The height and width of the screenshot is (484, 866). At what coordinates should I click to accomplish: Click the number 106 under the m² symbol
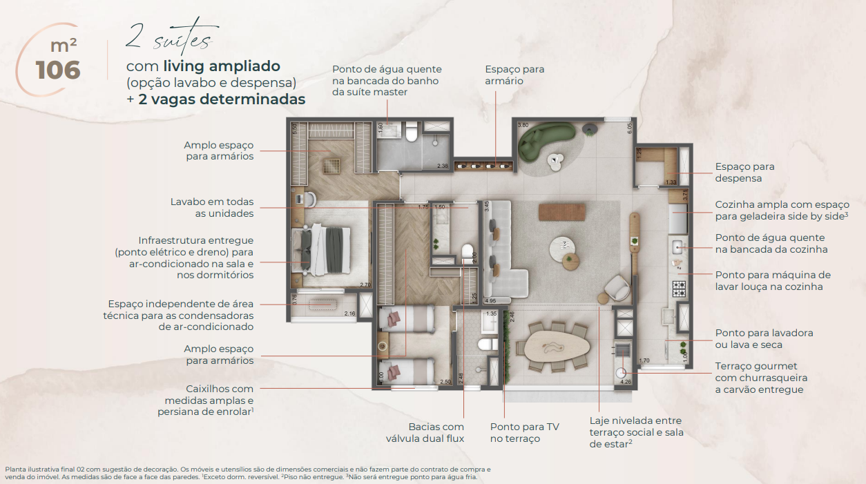(x=58, y=70)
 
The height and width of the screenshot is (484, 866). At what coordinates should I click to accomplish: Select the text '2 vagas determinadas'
(x=221, y=99)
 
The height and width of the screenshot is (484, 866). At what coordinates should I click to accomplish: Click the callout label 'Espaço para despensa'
(x=744, y=172)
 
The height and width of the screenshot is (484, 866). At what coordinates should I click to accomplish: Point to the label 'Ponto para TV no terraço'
(x=524, y=432)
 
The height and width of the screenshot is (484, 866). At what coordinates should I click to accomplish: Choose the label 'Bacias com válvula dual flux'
(x=425, y=432)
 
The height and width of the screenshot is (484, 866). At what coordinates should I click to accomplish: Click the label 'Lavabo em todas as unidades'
(x=212, y=207)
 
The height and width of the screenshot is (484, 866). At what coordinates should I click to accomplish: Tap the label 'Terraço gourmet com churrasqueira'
(x=760, y=378)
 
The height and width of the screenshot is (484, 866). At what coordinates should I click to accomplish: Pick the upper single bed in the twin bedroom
(x=407, y=318)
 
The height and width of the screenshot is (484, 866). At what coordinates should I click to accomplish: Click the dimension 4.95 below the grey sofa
(x=491, y=301)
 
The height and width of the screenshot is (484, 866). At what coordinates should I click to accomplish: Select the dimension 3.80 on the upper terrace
(x=523, y=126)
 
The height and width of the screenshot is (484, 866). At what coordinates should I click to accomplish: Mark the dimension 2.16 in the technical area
(x=349, y=314)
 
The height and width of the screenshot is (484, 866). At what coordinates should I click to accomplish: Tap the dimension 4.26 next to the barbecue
(x=626, y=380)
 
